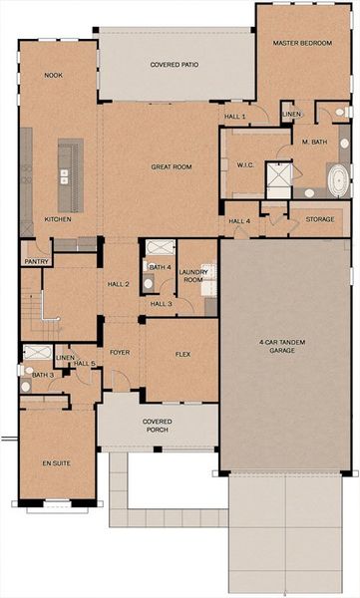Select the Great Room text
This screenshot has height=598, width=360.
172,167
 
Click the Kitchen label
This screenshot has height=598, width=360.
57,219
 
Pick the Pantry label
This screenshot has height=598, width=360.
35,262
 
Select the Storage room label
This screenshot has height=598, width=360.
319,219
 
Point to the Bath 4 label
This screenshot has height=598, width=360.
160,267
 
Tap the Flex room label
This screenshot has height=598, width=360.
182,352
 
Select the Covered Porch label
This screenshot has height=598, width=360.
157,426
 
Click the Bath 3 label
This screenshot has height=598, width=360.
42,375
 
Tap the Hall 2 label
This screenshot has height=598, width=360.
119,284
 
